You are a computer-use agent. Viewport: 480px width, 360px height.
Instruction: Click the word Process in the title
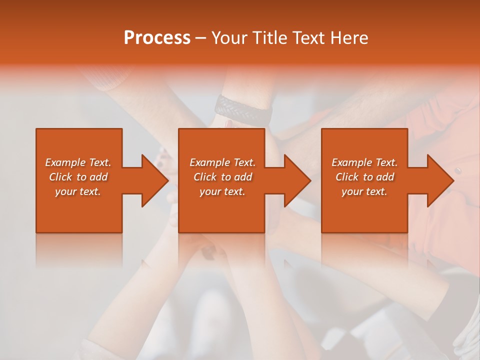pyautogui.click(x=157, y=38)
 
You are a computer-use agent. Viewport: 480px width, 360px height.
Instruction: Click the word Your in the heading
pyautogui.click(x=229, y=38)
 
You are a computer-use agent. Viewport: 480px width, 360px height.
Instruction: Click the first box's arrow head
pyautogui.click(x=155, y=180)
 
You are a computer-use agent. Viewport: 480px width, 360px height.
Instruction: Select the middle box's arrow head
pyautogui.click(x=297, y=180)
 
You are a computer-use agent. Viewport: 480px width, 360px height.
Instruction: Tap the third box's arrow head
pyautogui.click(x=440, y=180)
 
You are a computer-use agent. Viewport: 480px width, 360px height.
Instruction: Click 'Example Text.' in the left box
pyautogui.click(x=78, y=162)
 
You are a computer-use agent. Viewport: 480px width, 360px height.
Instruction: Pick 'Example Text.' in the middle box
pyautogui.click(x=222, y=162)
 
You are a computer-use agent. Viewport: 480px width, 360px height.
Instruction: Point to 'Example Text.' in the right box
pyautogui.click(x=364, y=162)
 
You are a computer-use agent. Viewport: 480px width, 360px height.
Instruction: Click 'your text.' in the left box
pyautogui.click(x=78, y=191)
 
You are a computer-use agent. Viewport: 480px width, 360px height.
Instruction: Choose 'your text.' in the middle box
pyautogui.click(x=222, y=191)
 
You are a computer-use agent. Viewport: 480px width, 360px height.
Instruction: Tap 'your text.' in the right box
pyautogui.click(x=364, y=191)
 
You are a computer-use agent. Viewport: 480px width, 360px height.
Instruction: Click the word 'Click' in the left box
pyautogui.click(x=60, y=177)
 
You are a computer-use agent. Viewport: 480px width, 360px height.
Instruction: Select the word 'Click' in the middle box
pyautogui.click(x=205, y=177)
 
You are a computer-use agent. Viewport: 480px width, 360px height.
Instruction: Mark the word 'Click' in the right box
pyautogui.click(x=347, y=177)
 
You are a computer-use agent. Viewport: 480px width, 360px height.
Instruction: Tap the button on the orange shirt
pyautogui.click(x=458, y=171)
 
